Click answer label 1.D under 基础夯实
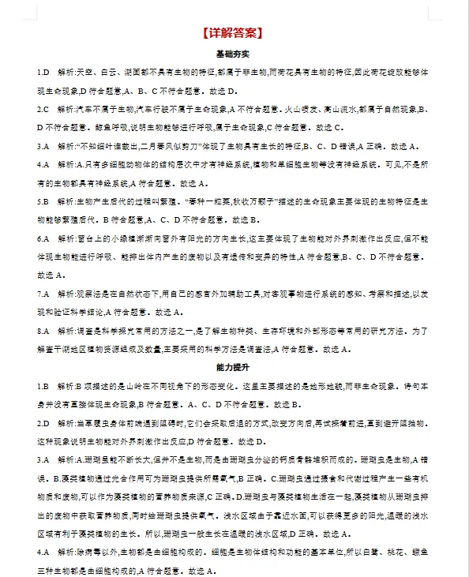(43, 73)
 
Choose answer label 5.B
(43, 201)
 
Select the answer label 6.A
(43, 238)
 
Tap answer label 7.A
(43, 294)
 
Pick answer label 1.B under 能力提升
(43, 387)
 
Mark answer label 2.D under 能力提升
(43, 424)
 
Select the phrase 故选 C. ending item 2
(328, 127)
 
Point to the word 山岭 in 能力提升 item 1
(144, 387)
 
